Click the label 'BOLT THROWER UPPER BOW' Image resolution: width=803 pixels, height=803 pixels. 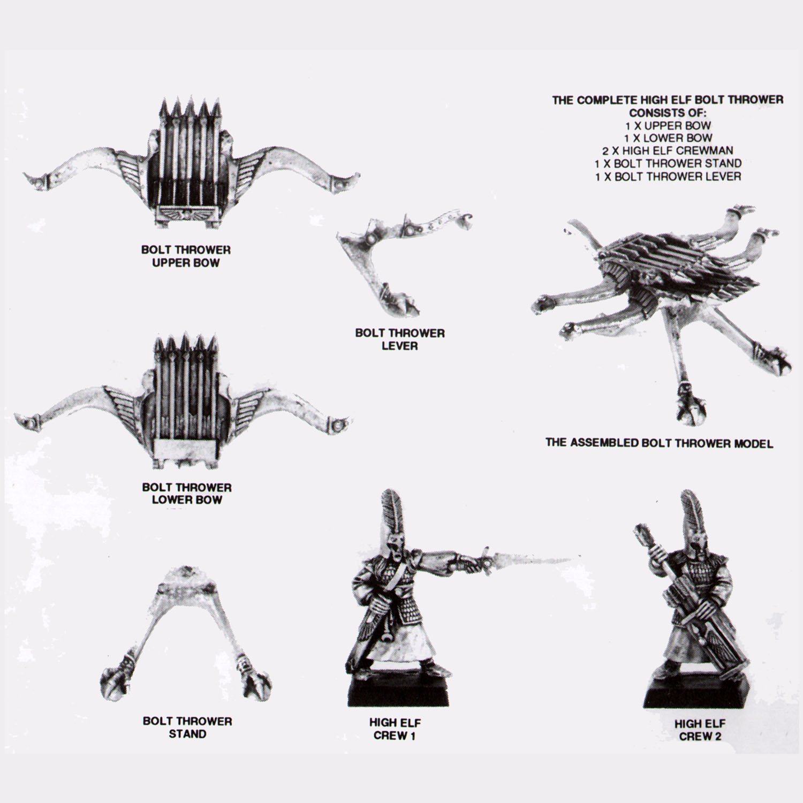tap(186, 256)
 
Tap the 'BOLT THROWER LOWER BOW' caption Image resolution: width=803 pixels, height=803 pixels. tap(186, 494)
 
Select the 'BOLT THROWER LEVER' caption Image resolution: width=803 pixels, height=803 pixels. tap(400, 339)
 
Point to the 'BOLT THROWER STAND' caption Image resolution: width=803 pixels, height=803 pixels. tap(187, 728)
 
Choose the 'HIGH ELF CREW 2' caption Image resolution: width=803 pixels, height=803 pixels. tap(700, 730)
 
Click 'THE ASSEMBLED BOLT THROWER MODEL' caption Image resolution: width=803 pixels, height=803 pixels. tap(659, 443)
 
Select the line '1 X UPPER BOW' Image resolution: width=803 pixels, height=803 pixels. tap(668, 125)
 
